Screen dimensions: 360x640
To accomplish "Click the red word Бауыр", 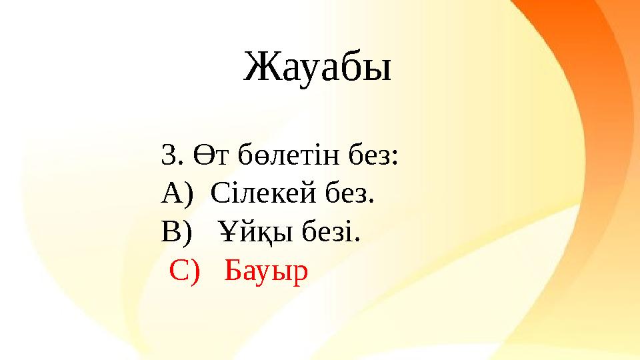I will [x=267, y=271].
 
